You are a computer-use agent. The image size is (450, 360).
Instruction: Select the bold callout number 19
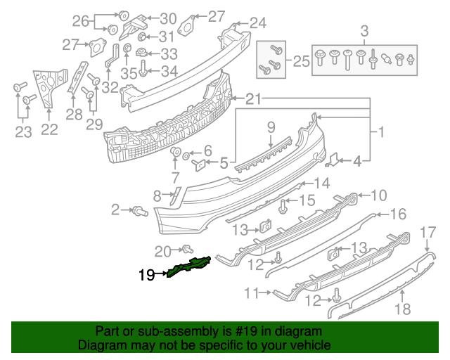pyautogui.click(x=146, y=276)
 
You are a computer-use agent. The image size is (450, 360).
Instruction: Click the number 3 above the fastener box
pyautogui.click(x=364, y=31)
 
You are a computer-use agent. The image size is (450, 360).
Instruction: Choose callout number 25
pyautogui.click(x=301, y=62)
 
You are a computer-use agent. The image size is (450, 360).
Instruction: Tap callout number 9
pyautogui.click(x=270, y=127)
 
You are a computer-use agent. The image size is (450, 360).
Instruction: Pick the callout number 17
pyautogui.click(x=427, y=231)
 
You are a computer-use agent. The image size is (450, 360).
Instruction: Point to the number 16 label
pyautogui.click(x=398, y=214)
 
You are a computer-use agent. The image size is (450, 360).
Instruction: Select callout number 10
pyautogui.click(x=378, y=195)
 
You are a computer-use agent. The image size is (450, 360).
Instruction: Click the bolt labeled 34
pyautogui.click(x=143, y=69)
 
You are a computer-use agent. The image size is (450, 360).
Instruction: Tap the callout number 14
pyautogui.click(x=321, y=184)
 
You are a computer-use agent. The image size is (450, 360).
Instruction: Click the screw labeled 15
pyautogui.click(x=284, y=205)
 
